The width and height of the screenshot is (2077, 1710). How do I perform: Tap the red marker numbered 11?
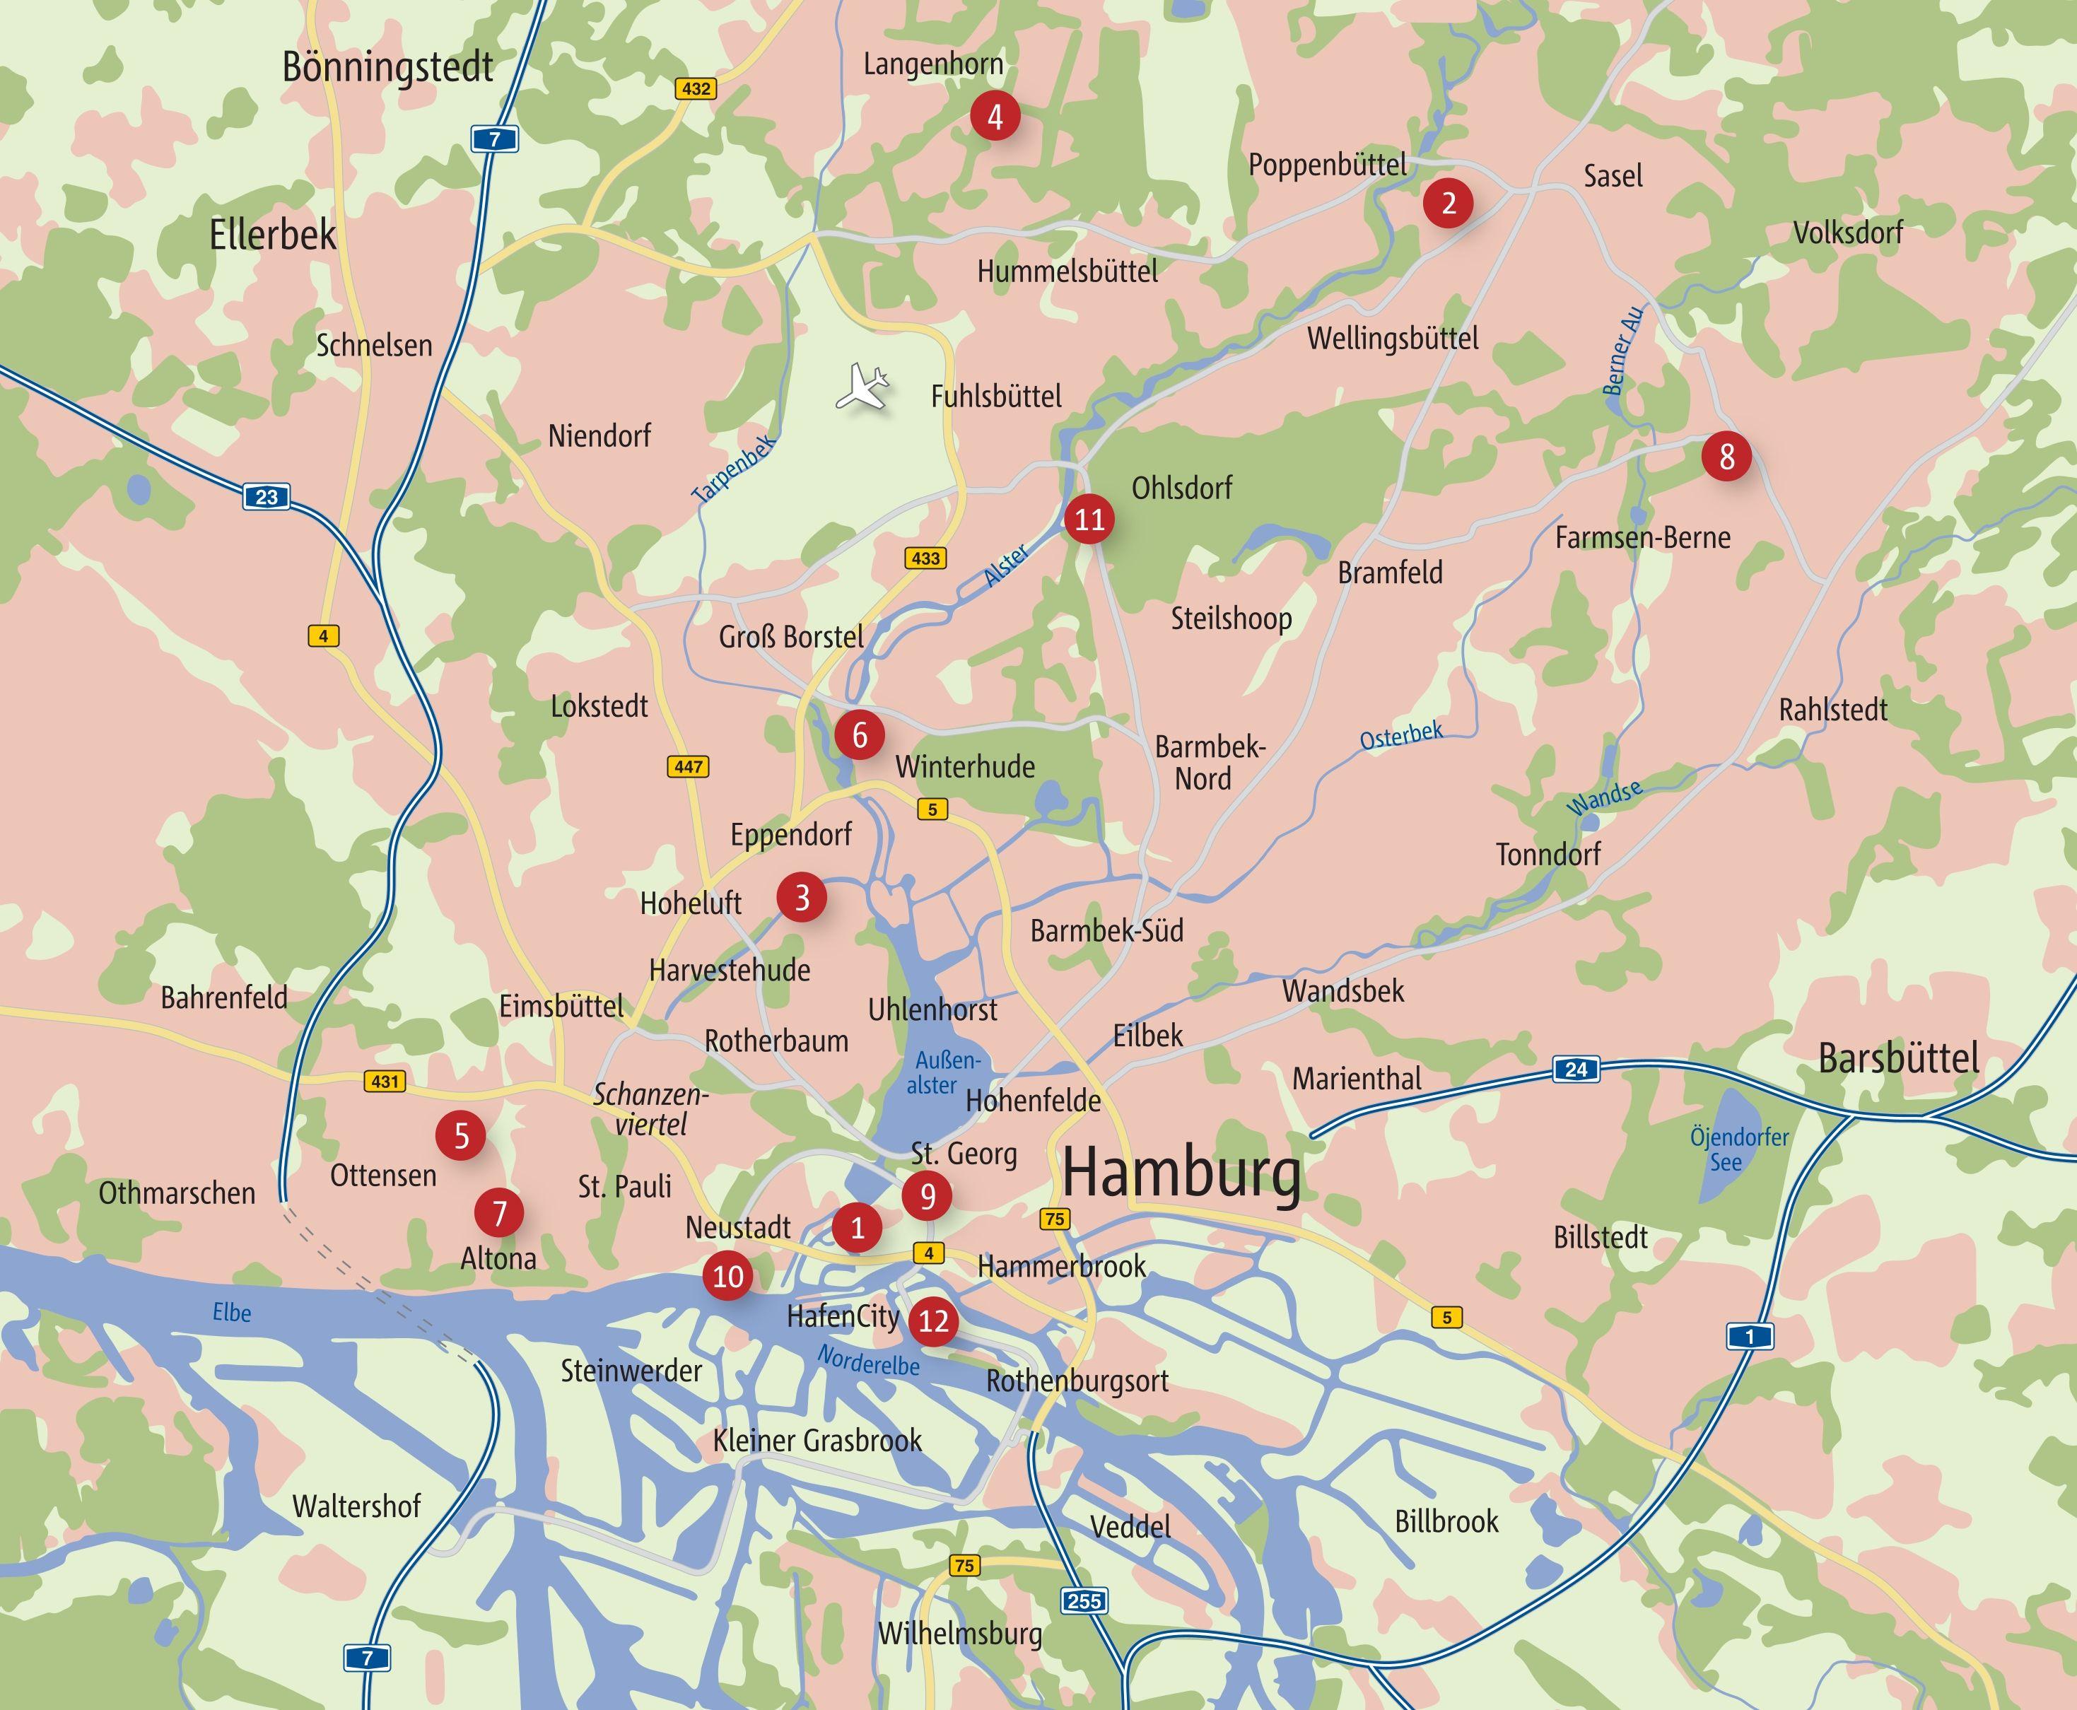pyautogui.click(x=1089, y=519)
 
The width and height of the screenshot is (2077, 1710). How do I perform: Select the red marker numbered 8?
pyautogui.click(x=1726, y=457)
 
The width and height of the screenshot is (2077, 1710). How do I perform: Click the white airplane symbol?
pyautogui.click(x=862, y=385)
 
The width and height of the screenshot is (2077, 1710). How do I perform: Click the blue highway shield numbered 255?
pyautogui.click(x=1084, y=1600)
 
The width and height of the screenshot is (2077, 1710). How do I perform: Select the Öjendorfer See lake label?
pyautogui.click(x=1739, y=1149)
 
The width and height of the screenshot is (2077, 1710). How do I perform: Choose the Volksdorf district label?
pyautogui.click(x=1847, y=233)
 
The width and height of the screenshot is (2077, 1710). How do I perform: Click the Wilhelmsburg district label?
pyautogui.click(x=959, y=1634)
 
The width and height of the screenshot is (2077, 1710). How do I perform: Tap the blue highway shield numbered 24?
pyautogui.click(x=1576, y=1070)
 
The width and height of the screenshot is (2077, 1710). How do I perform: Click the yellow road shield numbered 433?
pyautogui.click(x=925, y=558)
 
